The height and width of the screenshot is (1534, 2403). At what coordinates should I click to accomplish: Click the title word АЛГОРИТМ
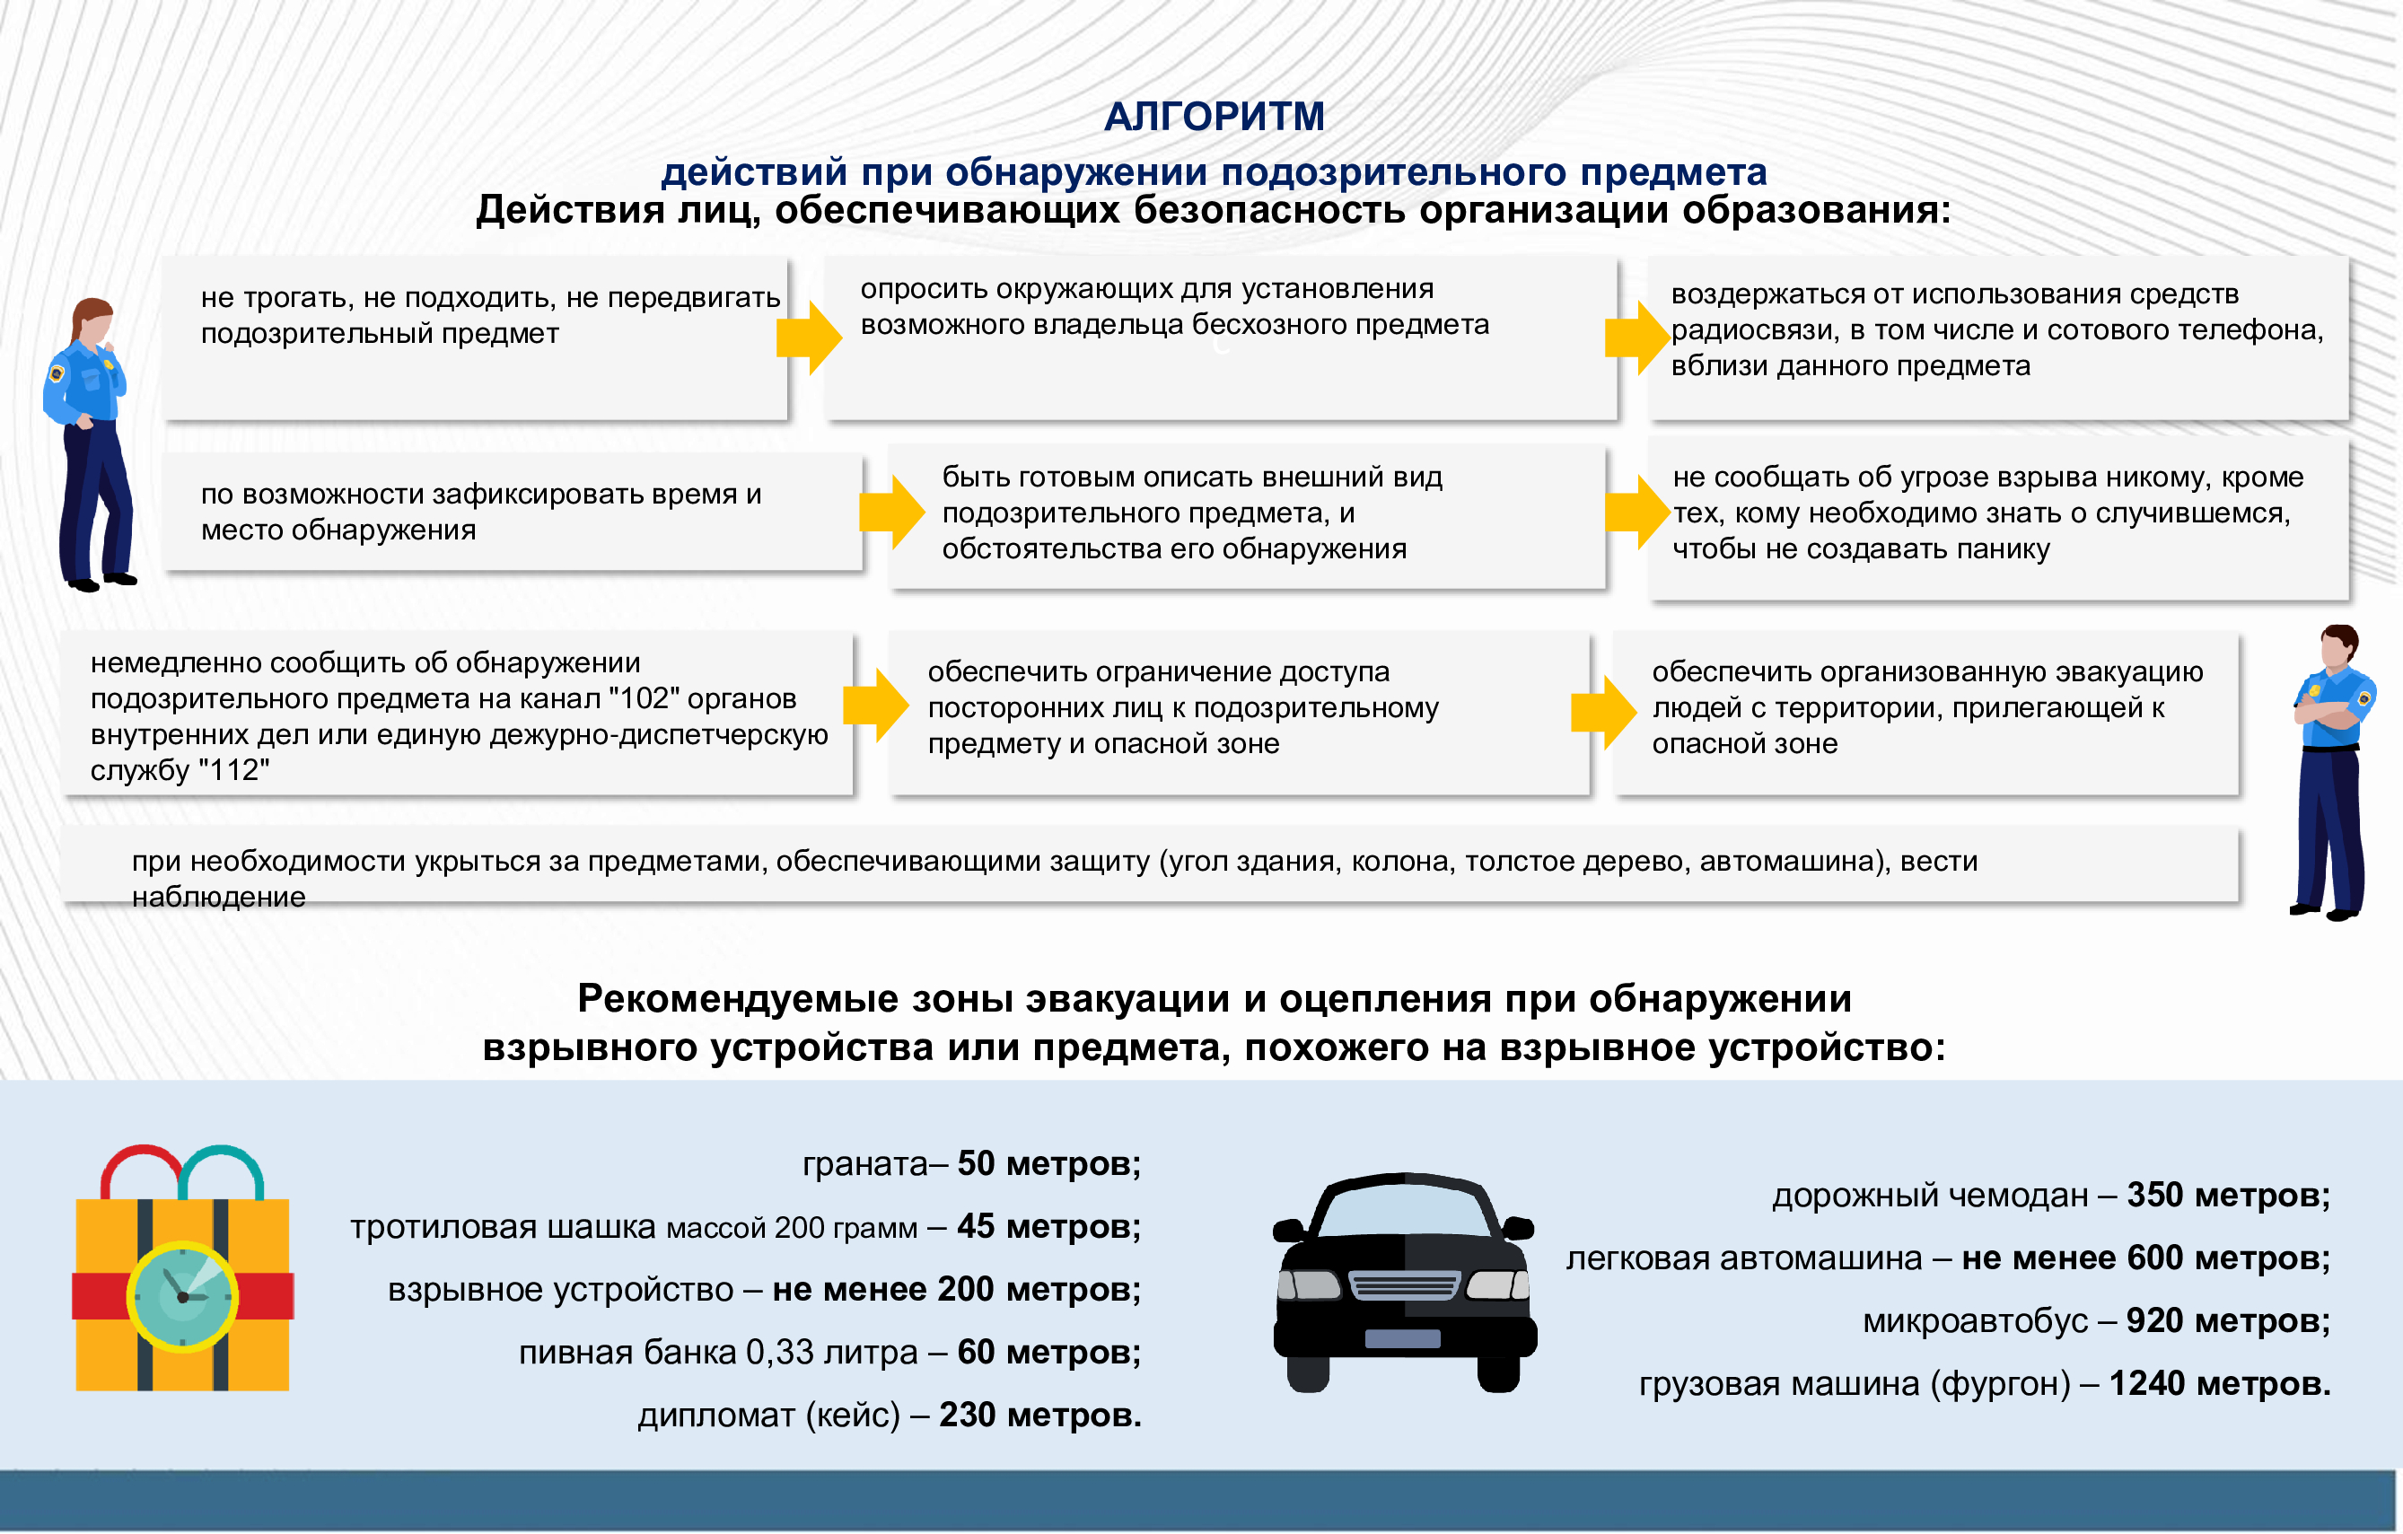1214,117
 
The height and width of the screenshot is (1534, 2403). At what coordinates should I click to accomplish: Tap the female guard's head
95,321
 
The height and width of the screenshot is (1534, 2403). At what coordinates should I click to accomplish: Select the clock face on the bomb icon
182,1295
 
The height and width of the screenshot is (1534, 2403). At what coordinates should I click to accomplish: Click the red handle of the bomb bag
140,1168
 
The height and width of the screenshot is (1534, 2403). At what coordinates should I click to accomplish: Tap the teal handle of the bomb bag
222,1168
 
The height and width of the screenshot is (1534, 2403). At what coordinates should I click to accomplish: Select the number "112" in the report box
233,770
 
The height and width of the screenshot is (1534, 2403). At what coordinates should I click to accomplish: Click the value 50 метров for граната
1048,1163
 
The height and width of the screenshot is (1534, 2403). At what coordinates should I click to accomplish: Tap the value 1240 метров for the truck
2219,1383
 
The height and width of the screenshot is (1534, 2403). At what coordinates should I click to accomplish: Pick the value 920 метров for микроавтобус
2227,1320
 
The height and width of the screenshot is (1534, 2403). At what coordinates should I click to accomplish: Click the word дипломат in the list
716,1416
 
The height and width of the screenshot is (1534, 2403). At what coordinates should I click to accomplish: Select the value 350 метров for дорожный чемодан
2227,1195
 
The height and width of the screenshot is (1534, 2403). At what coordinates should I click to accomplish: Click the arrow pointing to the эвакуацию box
1602,712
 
